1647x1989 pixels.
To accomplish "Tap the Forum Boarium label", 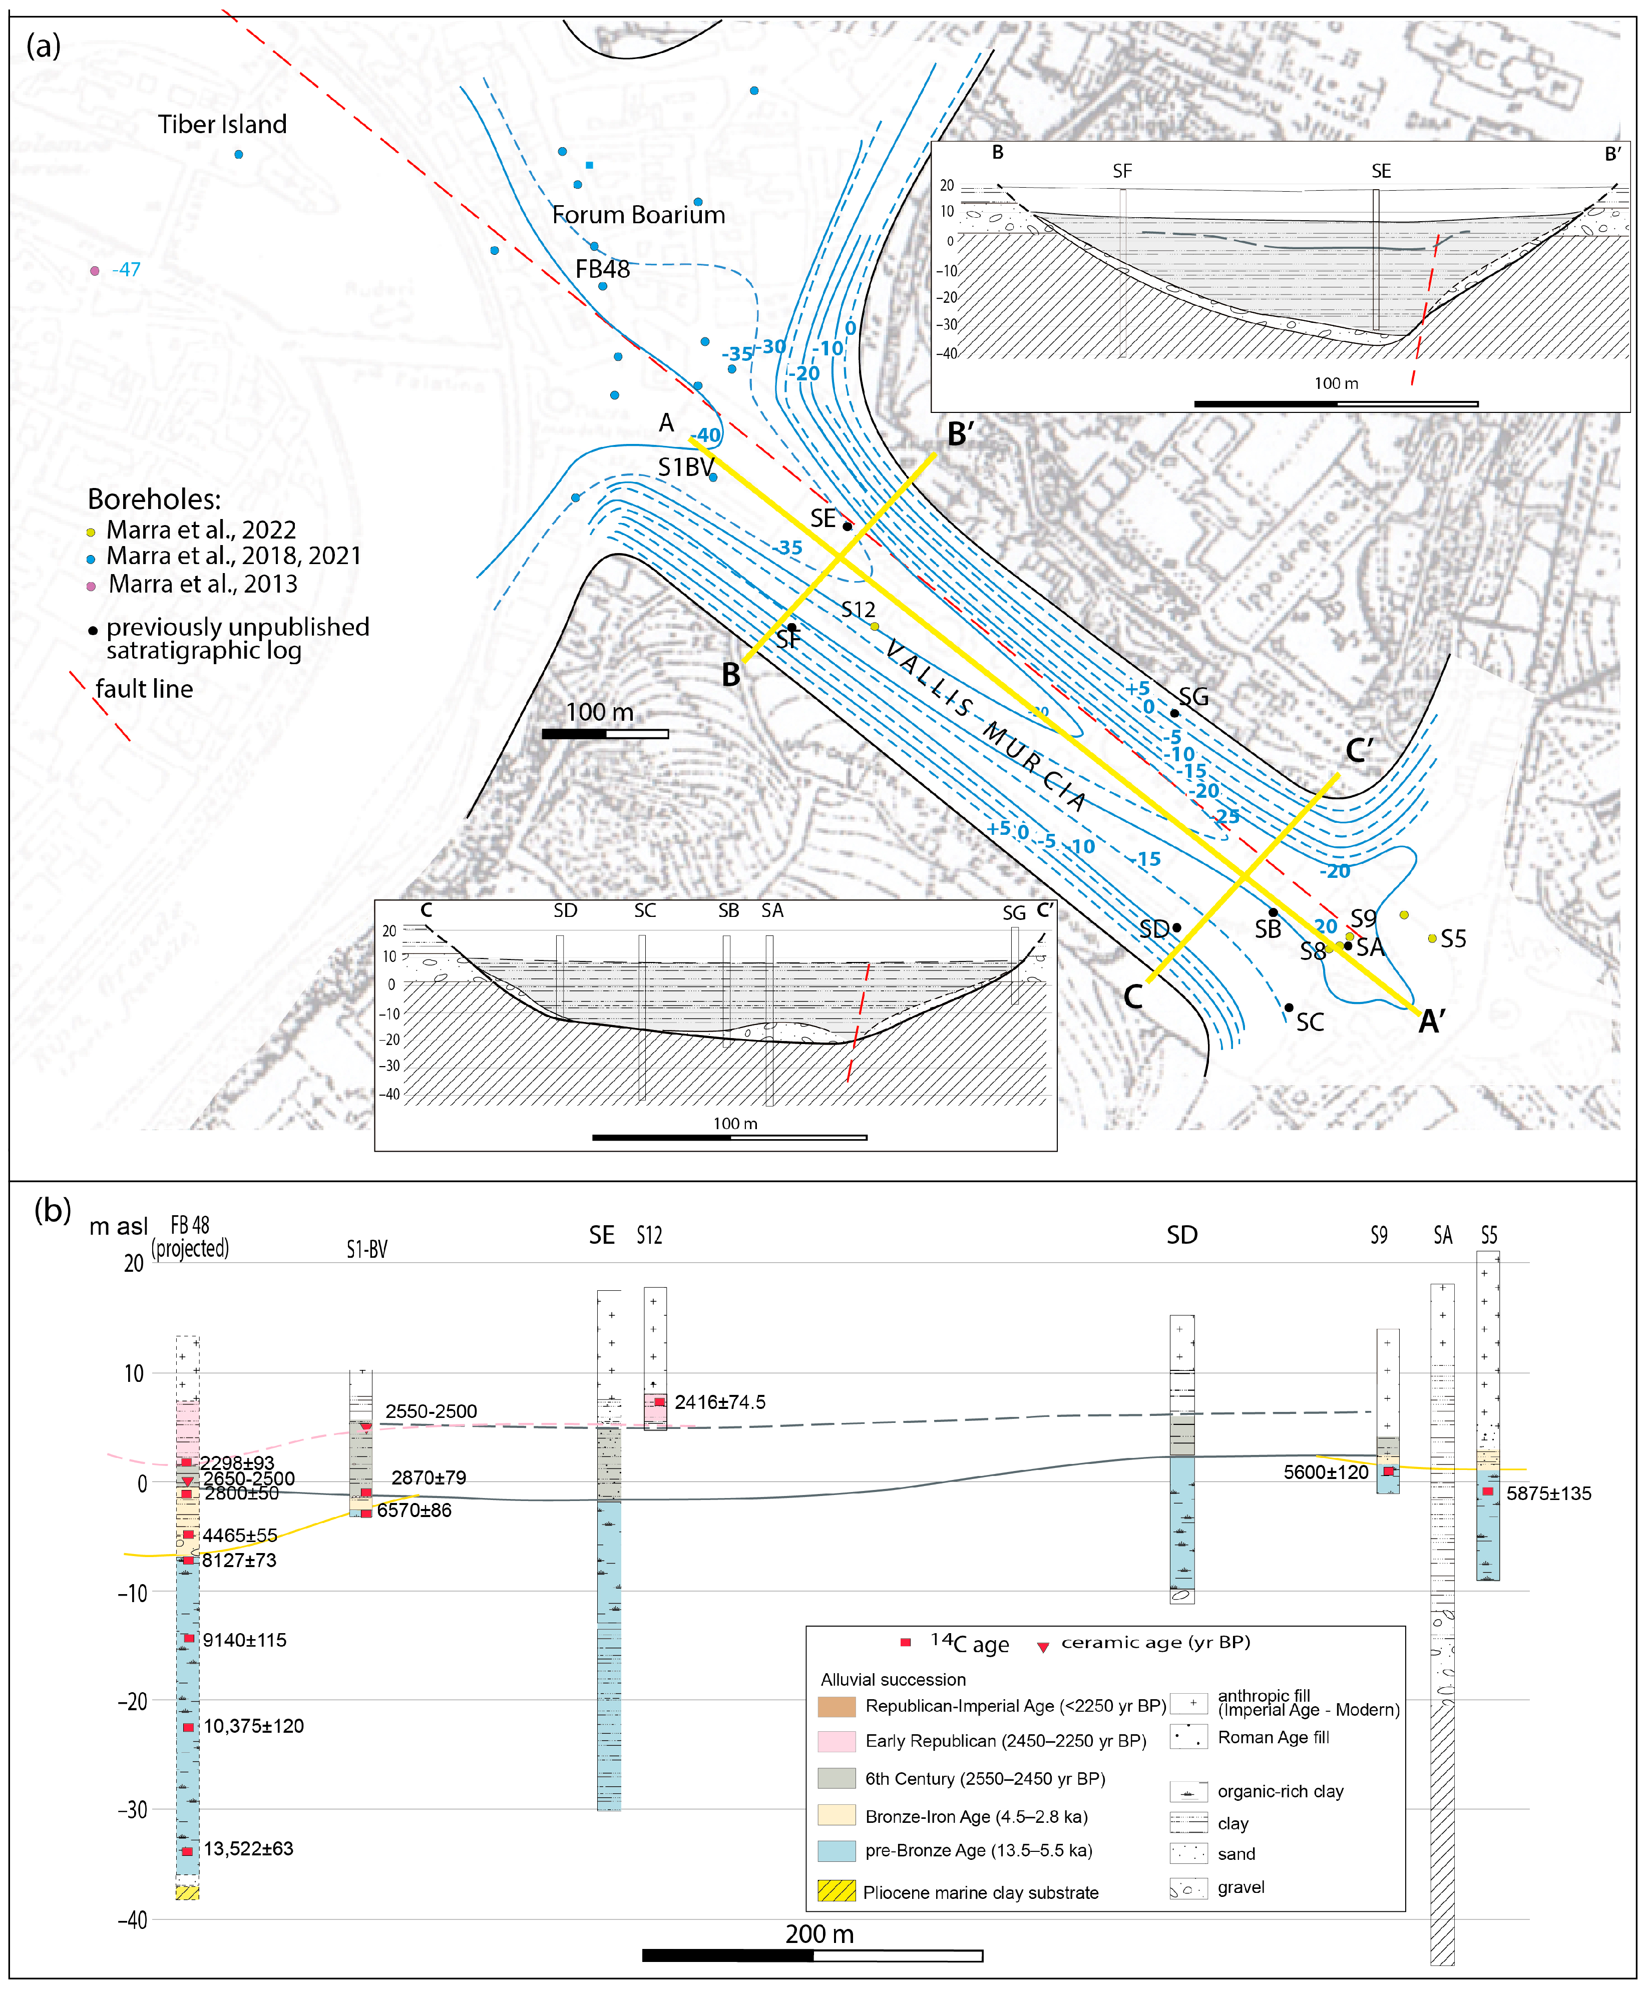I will [638, 215].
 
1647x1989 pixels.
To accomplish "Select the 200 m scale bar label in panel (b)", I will [819, 1934].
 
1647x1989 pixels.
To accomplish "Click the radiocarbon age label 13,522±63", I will [248, 1849].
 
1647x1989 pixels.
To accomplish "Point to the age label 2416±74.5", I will [720, 1402].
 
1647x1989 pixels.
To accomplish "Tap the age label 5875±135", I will [1548, 1494].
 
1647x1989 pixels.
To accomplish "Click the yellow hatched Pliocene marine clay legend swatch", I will [837, 1891].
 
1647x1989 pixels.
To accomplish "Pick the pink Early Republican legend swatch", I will [837, 1741].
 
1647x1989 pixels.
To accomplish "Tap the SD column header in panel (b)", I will [1182, 1235].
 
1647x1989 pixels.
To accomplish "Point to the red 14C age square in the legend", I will [906, 1641].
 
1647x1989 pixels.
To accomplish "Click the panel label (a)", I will [44, 45].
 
